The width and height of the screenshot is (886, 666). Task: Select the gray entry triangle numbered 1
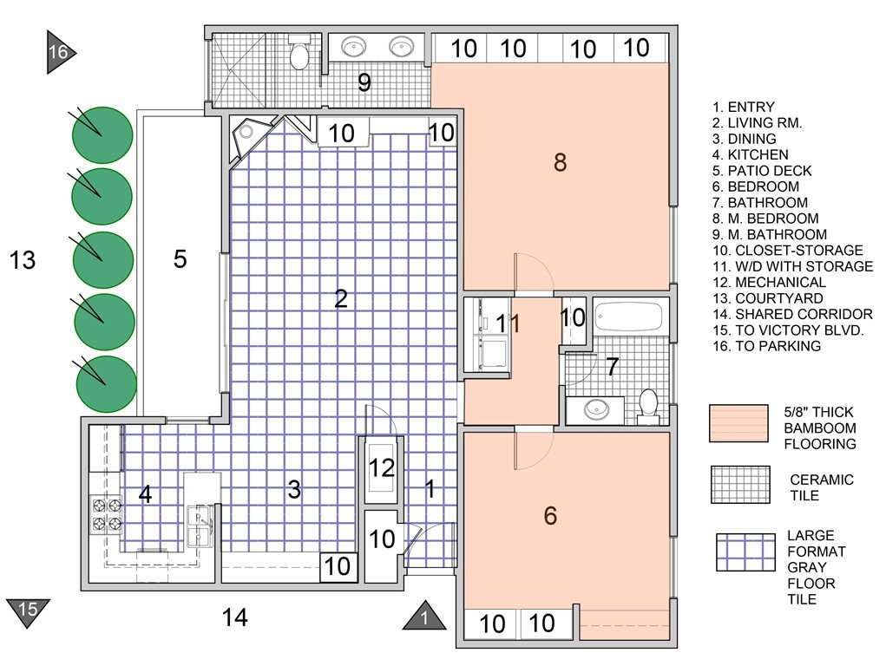424,617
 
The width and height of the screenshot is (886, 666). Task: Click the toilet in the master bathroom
299,54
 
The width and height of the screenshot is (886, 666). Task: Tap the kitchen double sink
201,526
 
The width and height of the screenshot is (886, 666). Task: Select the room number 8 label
560,162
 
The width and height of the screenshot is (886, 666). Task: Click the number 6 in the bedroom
549,516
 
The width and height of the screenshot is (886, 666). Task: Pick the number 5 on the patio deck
180,258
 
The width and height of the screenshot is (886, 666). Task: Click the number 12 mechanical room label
382,468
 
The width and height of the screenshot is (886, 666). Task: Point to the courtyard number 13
23,259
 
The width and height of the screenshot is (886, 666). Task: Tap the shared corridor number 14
234,617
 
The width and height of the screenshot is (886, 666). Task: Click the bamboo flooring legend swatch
738,423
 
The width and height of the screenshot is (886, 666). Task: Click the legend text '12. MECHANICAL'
768,283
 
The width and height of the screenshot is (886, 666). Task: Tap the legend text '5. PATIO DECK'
756,171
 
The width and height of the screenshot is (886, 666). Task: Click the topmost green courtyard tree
102,135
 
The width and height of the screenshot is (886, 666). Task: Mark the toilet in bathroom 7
648,404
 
